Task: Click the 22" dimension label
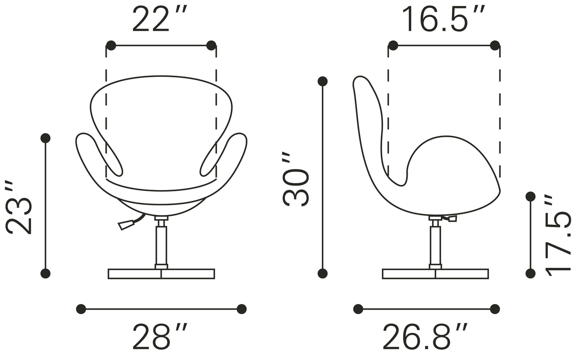159,19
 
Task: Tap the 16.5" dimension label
443,19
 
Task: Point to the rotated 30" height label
295,180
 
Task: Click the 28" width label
160,336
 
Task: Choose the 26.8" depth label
425,336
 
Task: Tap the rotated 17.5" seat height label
557,236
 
